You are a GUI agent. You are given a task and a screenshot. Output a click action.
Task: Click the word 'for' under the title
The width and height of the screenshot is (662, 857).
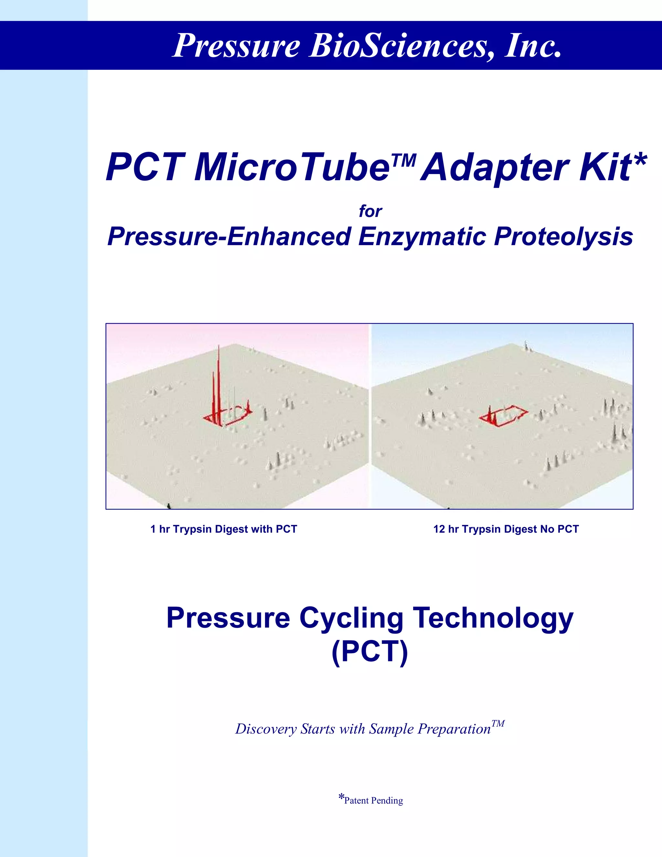(370, 212)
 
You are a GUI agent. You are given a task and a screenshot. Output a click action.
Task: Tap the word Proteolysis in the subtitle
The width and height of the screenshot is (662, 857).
(563, 237)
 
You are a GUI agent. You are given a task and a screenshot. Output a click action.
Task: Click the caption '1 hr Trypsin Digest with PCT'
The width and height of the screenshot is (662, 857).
(224, 529)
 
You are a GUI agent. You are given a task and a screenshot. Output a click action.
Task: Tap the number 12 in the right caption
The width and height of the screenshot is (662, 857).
(439, 529)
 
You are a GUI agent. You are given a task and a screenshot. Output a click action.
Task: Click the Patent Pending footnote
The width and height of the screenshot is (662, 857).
(371, 800)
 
